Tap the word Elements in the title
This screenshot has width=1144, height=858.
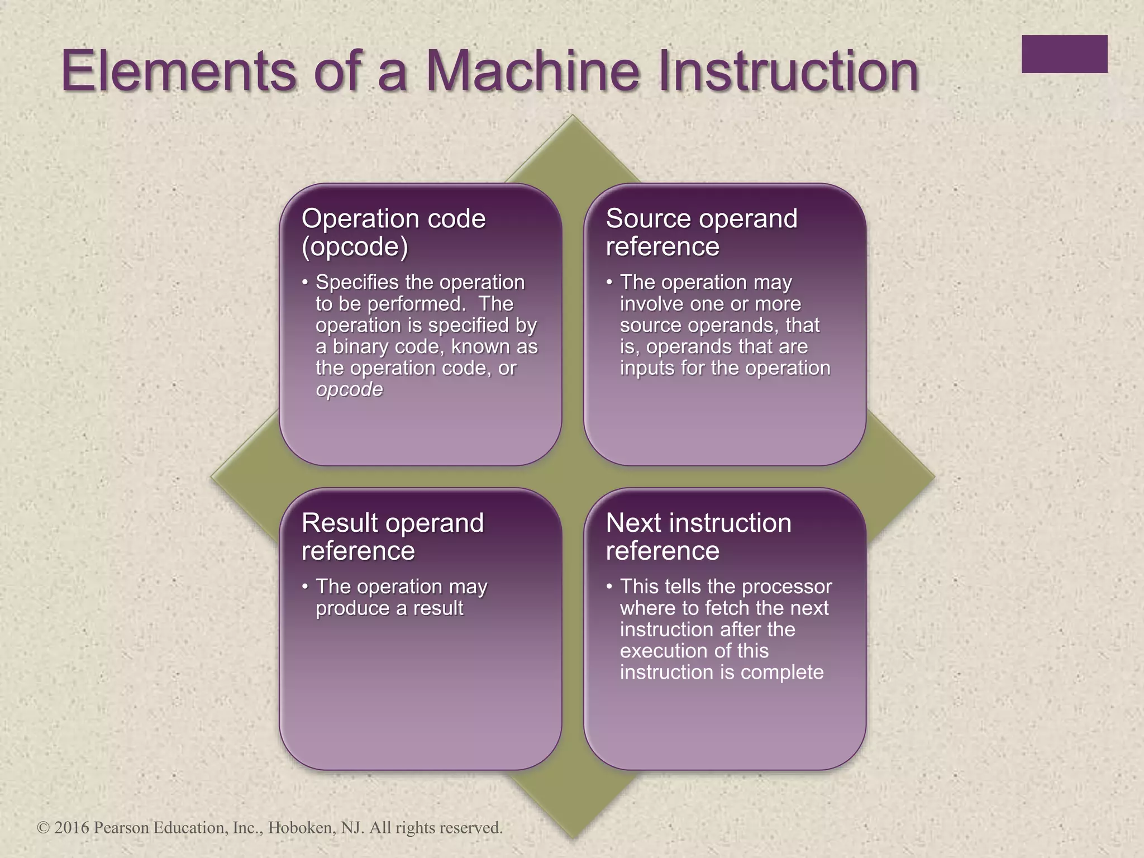coord(177,71)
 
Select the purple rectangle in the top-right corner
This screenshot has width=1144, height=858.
coord(1064,54)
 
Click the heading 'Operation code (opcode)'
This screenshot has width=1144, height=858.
coord(393,232)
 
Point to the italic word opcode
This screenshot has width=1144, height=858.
coord(349,389)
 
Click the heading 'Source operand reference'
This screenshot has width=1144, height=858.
coord(701,232)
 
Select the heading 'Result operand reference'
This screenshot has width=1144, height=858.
coord(392,537)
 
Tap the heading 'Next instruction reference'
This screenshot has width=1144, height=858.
coord(698,537)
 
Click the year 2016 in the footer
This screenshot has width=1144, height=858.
coord(71,827)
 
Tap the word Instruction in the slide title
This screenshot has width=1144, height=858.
coord(788,71)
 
